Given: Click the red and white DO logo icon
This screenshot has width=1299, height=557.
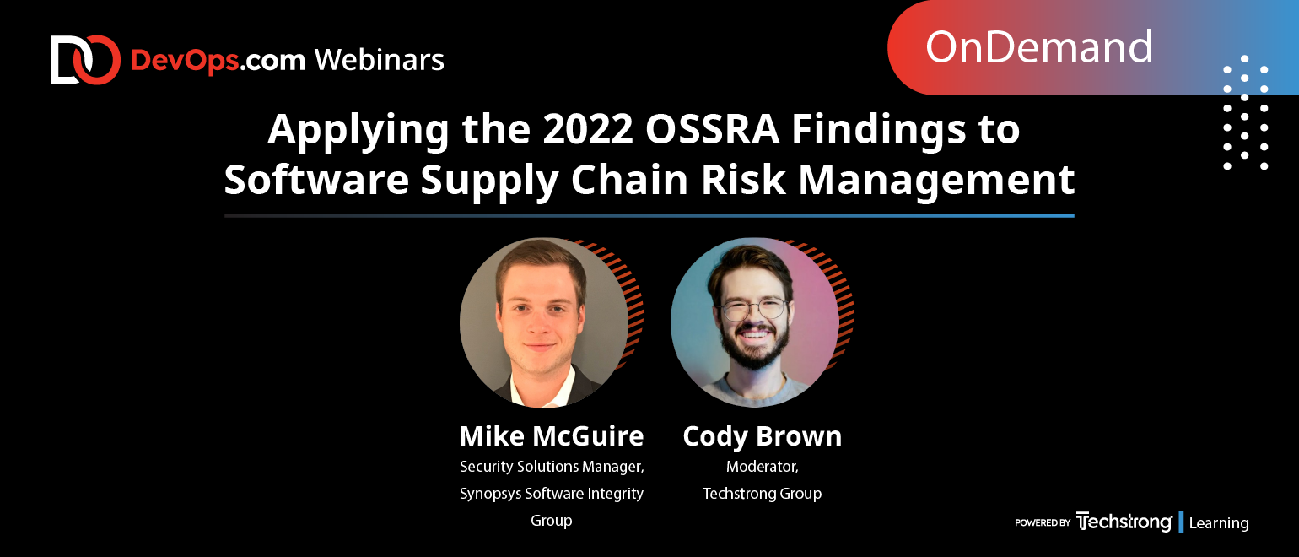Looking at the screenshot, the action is click(85, 60).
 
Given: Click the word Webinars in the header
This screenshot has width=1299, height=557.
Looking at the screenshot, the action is click(380, 60).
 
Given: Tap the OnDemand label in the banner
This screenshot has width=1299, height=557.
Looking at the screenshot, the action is click(1038, 47).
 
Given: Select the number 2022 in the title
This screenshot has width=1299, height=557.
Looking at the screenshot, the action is click(587, 129).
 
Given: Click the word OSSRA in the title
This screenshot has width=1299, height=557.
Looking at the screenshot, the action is click(712, 129).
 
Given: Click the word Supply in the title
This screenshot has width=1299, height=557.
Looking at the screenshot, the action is click(489, 181).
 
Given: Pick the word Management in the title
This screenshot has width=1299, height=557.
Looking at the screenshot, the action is click(936, 181).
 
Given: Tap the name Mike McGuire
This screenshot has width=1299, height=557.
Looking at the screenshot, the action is click(552, 435).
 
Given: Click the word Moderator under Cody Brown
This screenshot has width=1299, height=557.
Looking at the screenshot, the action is click(762, 467).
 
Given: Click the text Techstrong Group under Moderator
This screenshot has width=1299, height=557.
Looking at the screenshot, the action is click(762, 494).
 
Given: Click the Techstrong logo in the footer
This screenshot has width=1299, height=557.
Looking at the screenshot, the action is click(1124, 522).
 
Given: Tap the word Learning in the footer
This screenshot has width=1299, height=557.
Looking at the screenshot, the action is click(1218, 523).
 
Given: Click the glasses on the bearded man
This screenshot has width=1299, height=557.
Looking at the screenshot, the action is click(754, 309).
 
